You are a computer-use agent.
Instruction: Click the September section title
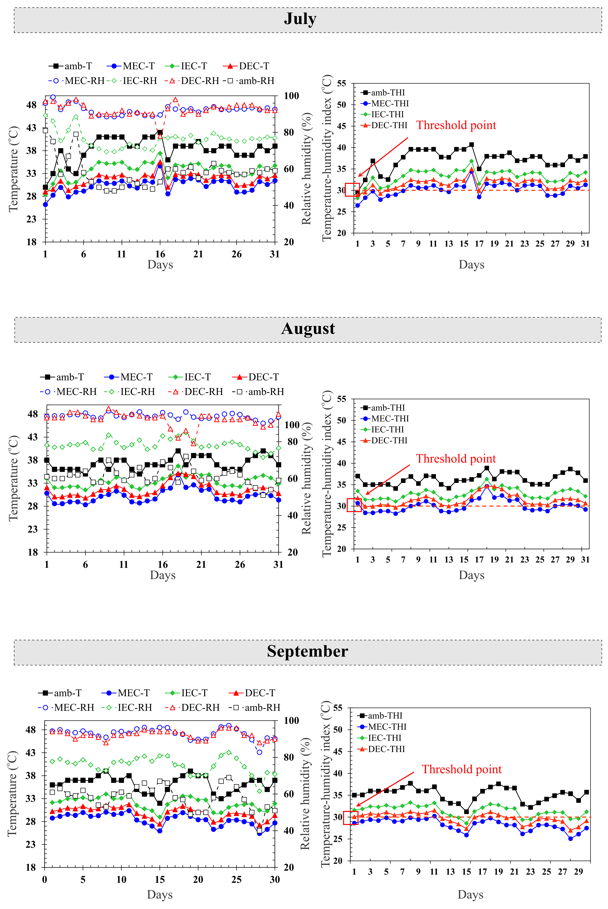pos(308,651)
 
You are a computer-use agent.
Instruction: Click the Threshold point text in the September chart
pos(461,769)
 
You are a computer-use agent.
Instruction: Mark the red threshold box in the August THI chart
pos(354,505)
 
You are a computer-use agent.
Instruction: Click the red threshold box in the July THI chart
pos(352,190)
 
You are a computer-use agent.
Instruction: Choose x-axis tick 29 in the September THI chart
pos(578,872)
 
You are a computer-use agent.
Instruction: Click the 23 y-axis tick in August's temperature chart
pos(33,529)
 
